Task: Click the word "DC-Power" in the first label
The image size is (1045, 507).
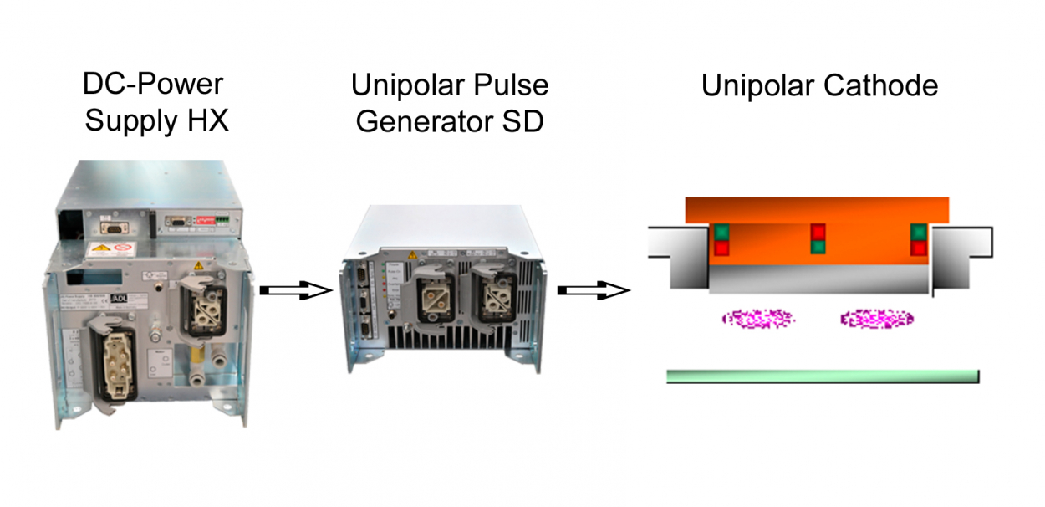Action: click(x=154, y=85)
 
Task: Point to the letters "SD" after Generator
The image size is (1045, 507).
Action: click(x=521, y=122)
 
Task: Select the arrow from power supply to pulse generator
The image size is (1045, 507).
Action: click(x=296, y=290)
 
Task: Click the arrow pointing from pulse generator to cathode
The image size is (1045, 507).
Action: click(x=593, y=290)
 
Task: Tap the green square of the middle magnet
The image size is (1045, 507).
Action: click(x=818, y=247)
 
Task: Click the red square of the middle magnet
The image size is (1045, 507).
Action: click(x=818, y=232)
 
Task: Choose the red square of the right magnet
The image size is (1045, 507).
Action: click(x=919, y=247)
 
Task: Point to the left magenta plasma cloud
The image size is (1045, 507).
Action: click(x=759, y=318)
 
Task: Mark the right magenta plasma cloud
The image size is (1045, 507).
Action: click(x=877, y=318)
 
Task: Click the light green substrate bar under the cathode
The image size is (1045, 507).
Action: click(x=822, y=376)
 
